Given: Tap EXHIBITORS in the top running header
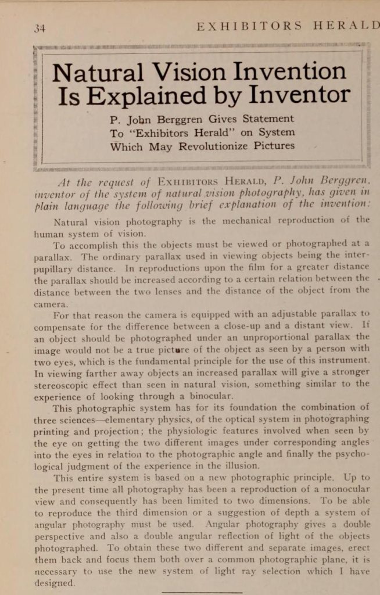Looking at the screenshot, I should click(x=249, y=27).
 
